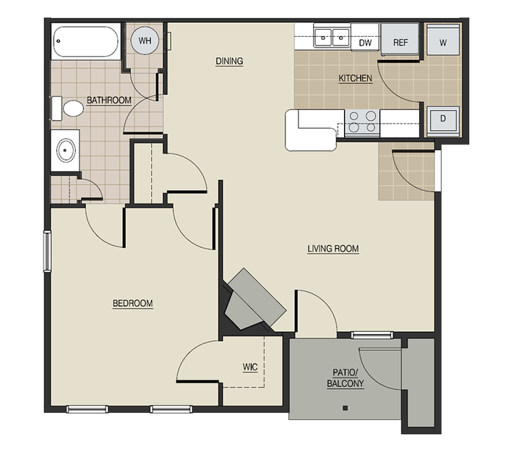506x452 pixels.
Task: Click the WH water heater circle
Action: click(145, 40)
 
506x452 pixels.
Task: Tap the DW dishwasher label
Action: click(365, 43)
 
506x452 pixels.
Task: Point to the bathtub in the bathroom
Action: click(85, 41)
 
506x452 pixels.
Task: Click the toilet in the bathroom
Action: click(69, 109)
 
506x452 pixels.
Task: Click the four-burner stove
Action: click(361, 121)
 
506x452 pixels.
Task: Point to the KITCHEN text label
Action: click(355, 78)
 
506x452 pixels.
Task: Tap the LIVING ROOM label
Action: click(333, 250)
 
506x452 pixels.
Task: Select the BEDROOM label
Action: click(132, 304)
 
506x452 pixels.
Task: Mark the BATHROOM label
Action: click(108, 100)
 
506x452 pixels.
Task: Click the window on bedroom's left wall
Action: click(47, 252)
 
